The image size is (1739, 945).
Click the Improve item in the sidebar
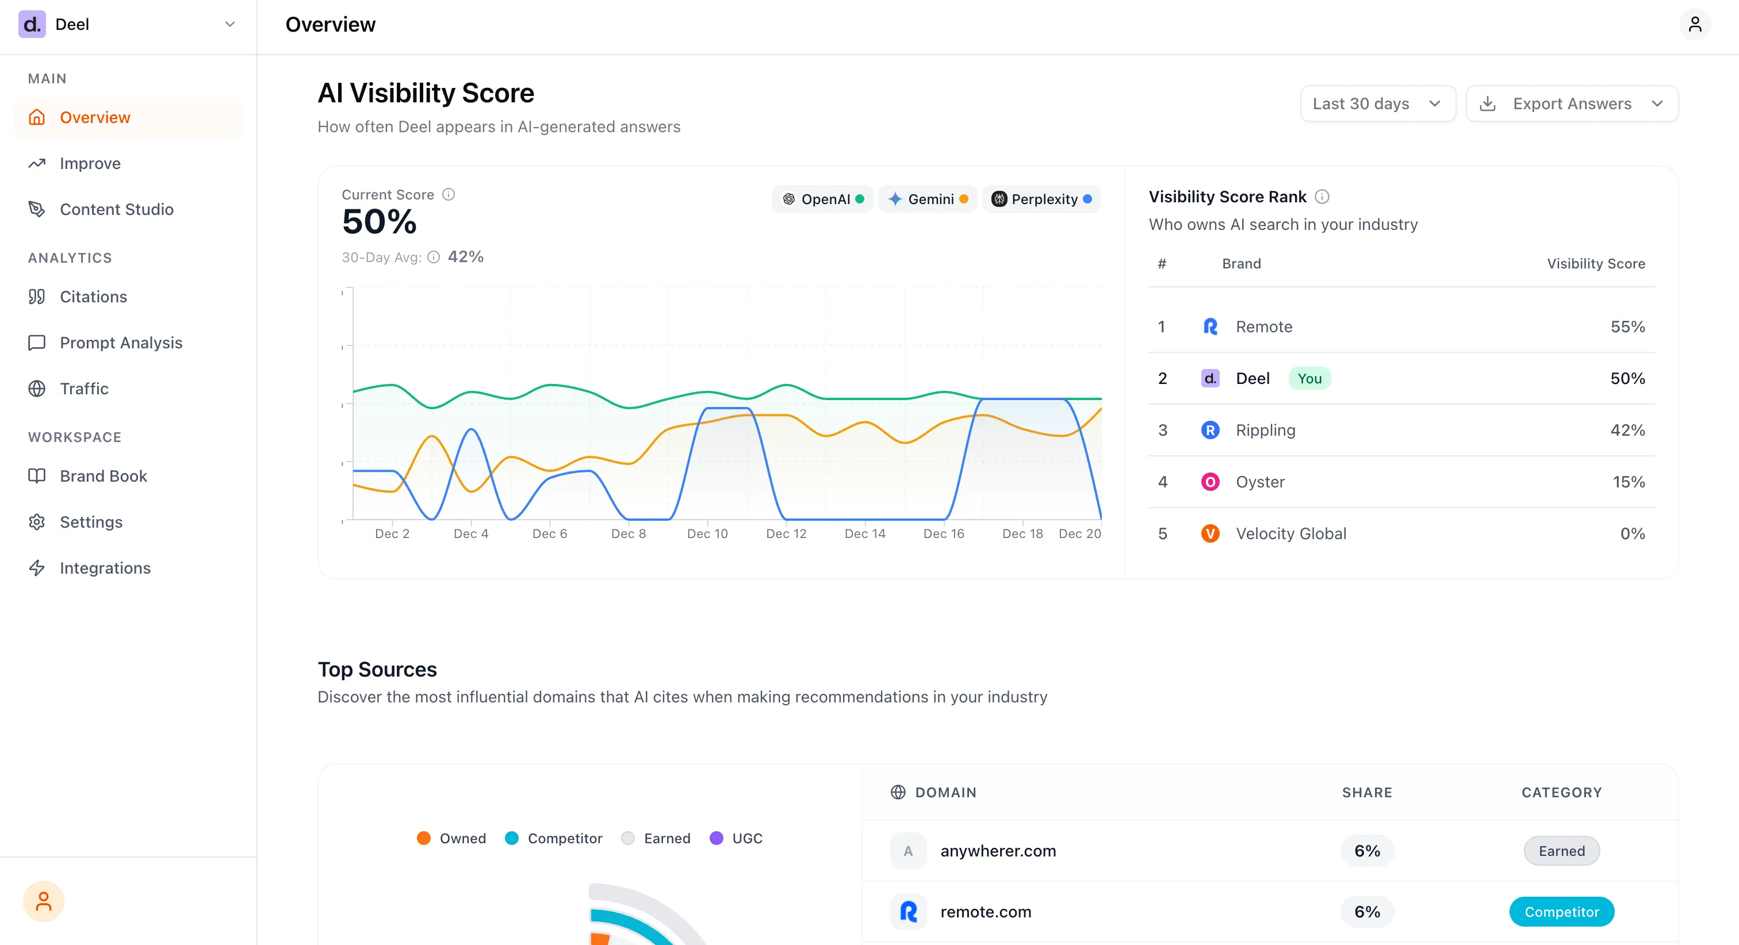[x=90, y=163]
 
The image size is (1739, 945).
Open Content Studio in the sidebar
[x=116, y=209]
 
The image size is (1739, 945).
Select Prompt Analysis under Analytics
[x=121, y=343]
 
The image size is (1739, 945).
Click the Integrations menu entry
[x=105, y=568]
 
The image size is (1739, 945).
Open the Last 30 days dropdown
[x=1377, y=103]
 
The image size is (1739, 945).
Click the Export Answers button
[x=1572, y=103]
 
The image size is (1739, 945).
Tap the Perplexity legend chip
[x=1041, y=199]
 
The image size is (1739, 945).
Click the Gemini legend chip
[x=928, y=199]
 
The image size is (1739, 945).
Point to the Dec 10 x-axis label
[x=707, y=533]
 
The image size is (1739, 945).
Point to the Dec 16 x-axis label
[x=943, y=533]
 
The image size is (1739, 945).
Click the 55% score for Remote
[x=1627, y=326]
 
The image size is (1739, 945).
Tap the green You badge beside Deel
[x=1309, y=379]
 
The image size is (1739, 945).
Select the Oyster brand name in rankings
[x=1260, y=482]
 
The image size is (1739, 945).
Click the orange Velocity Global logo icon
[x=1210, y=533]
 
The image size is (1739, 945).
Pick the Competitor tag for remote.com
[x=1561, y=912]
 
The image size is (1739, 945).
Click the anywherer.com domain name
[x=998, y=851]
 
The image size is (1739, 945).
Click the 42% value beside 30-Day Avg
[x=465, y=256]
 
